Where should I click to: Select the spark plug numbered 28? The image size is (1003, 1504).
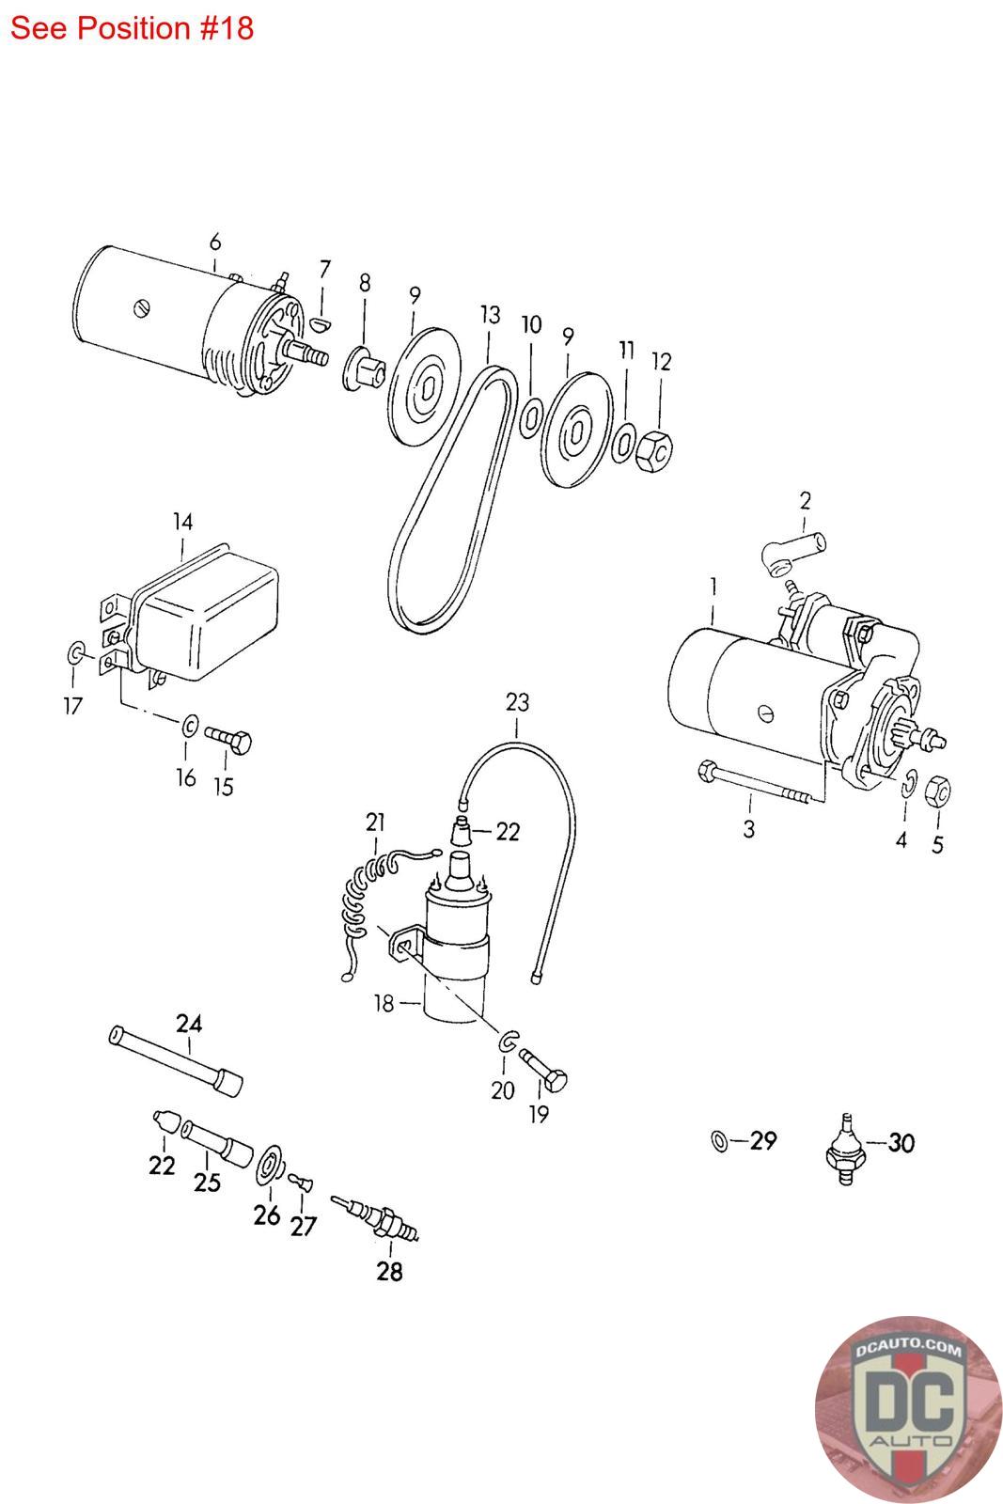coord(375,1217)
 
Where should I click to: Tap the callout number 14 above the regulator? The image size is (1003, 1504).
coord(182,522)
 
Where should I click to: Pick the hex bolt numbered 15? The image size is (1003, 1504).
coord(228,741)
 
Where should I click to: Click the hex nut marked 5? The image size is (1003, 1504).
coord(938,791)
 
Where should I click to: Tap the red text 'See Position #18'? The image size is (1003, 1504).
coord(132,28)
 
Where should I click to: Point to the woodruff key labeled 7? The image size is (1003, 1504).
coord(322,324)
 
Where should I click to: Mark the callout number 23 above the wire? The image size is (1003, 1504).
coord(517,702)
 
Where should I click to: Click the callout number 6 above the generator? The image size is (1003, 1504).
coord(215,242)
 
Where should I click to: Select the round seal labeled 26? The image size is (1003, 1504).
coord(270,1166)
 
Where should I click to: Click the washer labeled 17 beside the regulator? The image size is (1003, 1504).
coord(76,652)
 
